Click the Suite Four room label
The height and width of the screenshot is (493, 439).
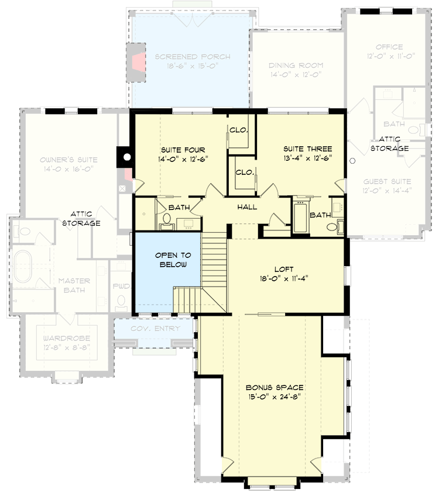[180, 150]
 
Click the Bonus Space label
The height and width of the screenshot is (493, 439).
[274, 387]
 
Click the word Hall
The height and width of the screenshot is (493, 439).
[247, 207]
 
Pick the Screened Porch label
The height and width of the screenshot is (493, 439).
[193, 57]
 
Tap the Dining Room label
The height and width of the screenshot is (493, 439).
[296, 66]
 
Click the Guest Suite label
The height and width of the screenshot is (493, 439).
[387, 182]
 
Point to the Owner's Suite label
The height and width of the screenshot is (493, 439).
[68, 160]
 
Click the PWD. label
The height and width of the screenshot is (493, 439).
[122, 287]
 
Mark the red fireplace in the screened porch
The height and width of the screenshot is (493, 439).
[138, 61]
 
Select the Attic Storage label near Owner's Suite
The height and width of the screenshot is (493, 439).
[85, 219]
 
